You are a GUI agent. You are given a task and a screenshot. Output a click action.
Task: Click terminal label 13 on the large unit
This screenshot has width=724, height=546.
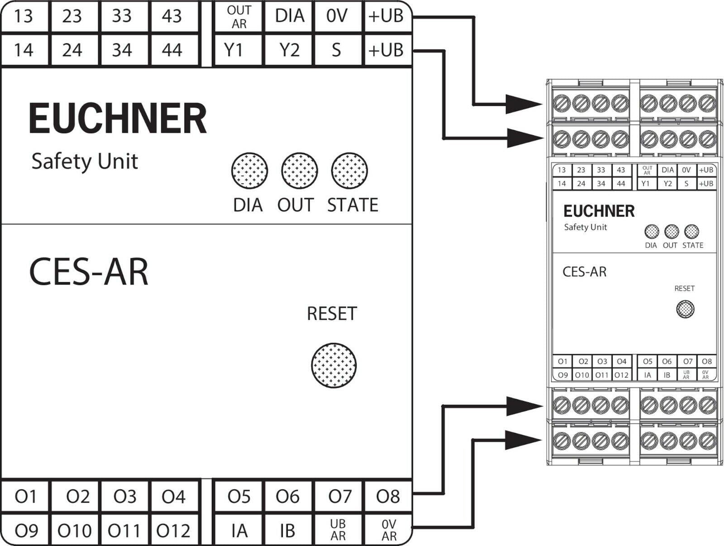point(24,16)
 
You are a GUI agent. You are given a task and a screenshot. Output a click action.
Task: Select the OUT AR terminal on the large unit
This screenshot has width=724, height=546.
point(239,17)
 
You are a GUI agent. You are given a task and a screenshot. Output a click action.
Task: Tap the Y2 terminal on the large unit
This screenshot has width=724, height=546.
point(289,50)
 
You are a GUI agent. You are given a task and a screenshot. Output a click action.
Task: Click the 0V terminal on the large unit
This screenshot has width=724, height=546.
point(337,16)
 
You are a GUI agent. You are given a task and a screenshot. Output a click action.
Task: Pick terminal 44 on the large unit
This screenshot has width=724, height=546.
point(172,50)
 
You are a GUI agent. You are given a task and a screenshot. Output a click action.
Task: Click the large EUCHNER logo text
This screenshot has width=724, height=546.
point(118,119)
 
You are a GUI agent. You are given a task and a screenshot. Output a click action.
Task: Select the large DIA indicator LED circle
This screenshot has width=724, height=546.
point(249,171)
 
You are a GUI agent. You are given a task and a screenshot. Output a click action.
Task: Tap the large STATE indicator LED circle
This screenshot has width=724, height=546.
point(349,171)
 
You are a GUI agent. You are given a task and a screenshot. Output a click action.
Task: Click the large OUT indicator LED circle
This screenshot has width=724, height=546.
point(299,171)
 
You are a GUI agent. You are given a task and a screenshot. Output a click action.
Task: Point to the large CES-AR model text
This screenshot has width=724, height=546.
point(89,272)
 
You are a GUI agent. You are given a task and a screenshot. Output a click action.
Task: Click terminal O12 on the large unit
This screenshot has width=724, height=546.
point(173,530)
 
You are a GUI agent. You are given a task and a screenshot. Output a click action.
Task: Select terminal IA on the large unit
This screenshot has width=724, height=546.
point(239,530)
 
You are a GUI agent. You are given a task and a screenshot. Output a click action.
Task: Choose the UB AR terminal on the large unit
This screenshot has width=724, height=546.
point(338,530)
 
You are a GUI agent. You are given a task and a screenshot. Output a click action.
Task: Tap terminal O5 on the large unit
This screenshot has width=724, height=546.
point(239,497)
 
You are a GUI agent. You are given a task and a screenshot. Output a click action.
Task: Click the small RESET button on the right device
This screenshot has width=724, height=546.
point(685,309)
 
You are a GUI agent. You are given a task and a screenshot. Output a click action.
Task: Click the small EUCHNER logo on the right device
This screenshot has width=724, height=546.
point(599,211)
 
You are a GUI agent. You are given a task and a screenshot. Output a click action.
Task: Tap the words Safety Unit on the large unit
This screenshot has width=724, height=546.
point(85,161)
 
